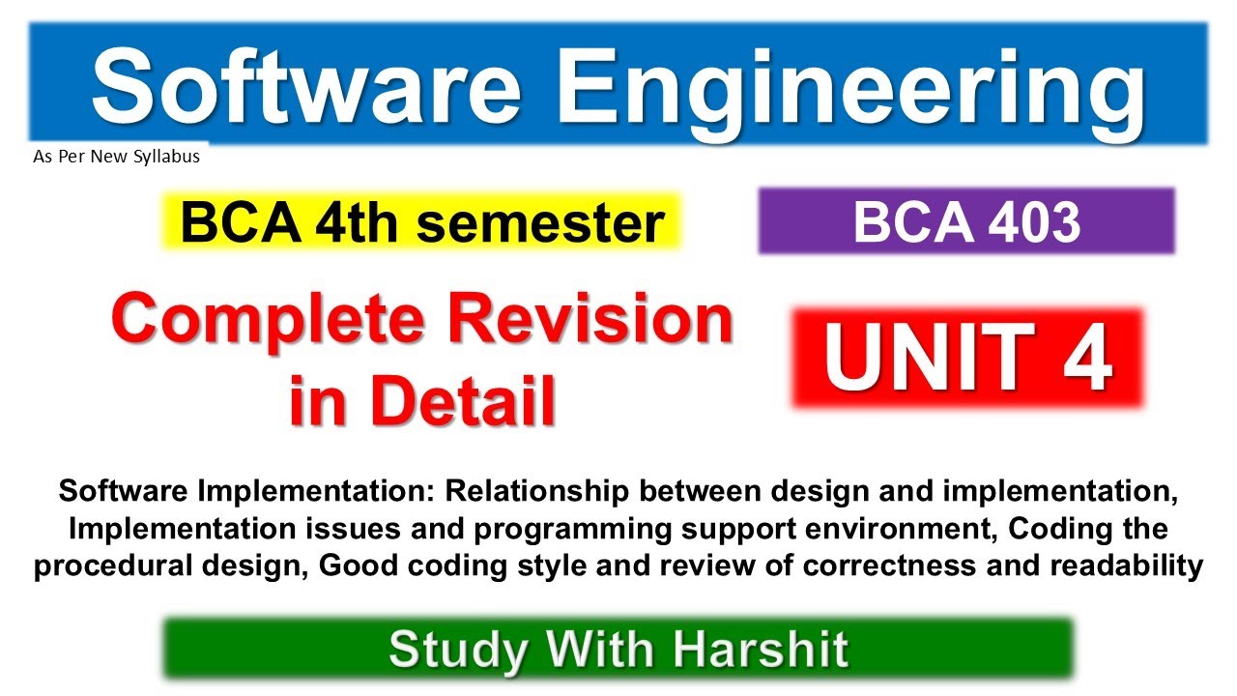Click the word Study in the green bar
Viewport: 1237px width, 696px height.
(456, 649)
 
